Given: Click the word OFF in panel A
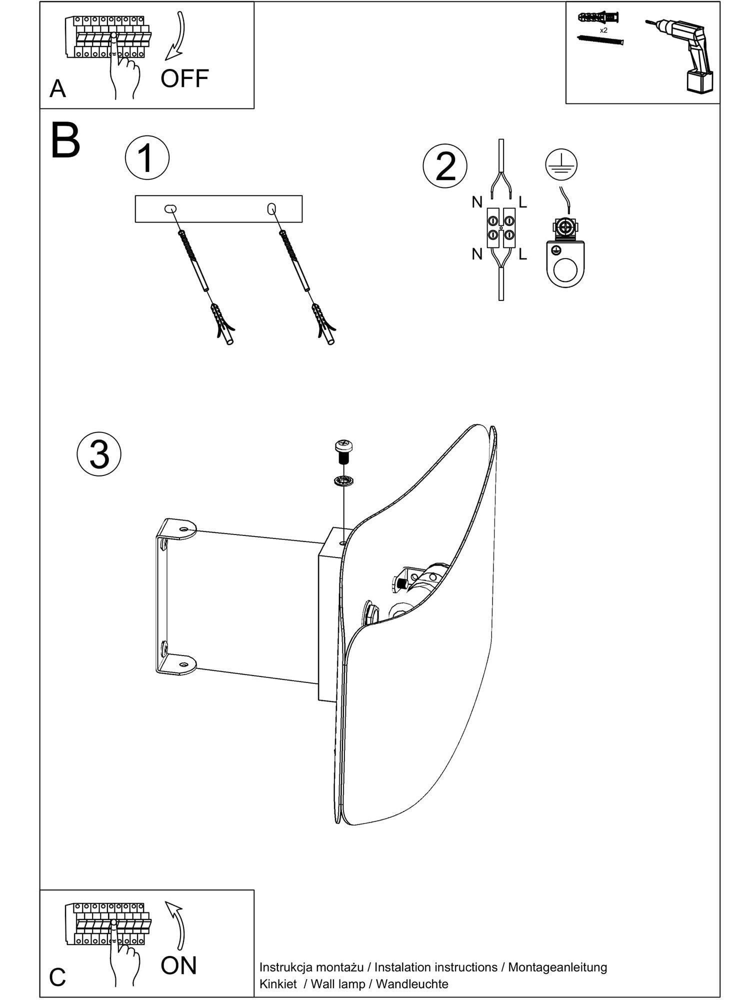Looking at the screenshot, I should click(x=184, y=78).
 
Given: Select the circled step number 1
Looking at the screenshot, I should click(x=147, y=157).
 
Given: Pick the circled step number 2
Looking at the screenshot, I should click(x=445, y=166).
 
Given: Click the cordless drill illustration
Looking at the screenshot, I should click(x=687, y=55).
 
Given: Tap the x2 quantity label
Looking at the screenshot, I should click(x=603, y=30).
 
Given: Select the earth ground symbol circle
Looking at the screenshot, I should click(x=560, y=164).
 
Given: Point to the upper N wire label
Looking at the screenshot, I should click(x=477, y=202).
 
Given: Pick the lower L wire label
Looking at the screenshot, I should click(x=522, y=254).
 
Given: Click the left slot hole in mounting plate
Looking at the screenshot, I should click(x=170, y=208).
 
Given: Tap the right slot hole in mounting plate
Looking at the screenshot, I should click(x=272, y=208).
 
